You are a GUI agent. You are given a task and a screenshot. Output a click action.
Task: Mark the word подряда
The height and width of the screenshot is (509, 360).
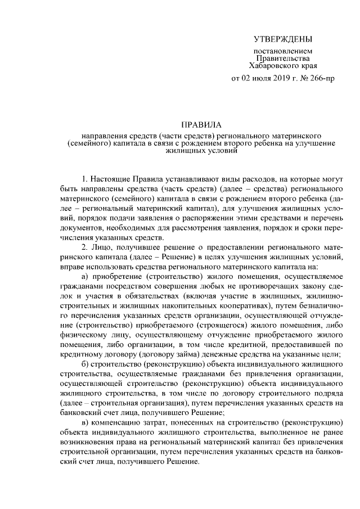pyautogui.click(x=327, y=397)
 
